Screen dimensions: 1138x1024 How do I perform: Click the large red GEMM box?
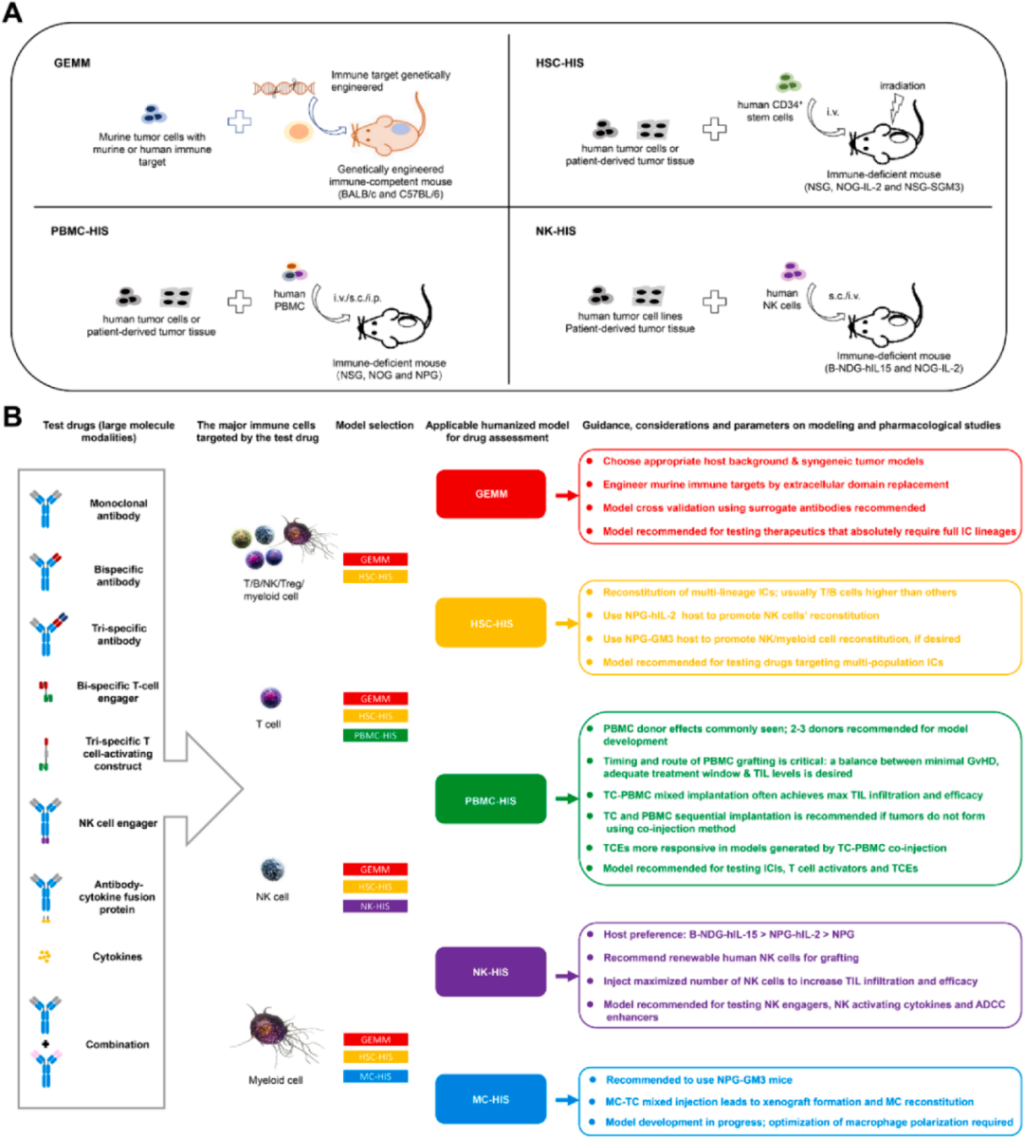pos(490,494)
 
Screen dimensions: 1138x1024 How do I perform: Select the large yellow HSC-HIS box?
pos(490,623)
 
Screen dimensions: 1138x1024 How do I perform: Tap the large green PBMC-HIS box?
pos(490,800)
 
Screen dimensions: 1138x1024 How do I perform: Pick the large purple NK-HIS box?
pos(490,972)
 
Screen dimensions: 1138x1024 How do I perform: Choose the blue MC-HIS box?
pos(490,1099)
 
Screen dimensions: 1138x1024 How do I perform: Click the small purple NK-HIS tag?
pos(375,907)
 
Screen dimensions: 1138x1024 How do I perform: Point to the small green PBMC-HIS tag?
pos(375,736)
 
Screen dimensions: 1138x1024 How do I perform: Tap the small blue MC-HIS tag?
pos(375,1076)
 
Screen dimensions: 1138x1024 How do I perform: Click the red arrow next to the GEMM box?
pos(565,494)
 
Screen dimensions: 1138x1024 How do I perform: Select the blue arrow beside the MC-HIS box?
pos(565,1100)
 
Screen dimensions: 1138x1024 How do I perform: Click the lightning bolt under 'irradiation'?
pos(894,112)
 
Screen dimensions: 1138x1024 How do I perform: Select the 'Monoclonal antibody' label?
pos(118,509)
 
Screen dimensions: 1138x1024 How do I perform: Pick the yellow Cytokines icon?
pos(44,957)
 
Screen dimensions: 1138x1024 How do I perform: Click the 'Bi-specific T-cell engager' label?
pos(118,691)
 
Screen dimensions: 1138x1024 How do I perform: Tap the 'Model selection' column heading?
pos(375,426)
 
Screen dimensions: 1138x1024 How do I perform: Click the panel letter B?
pos(13,415)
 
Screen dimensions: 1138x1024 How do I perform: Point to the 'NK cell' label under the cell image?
pos(272,896)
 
